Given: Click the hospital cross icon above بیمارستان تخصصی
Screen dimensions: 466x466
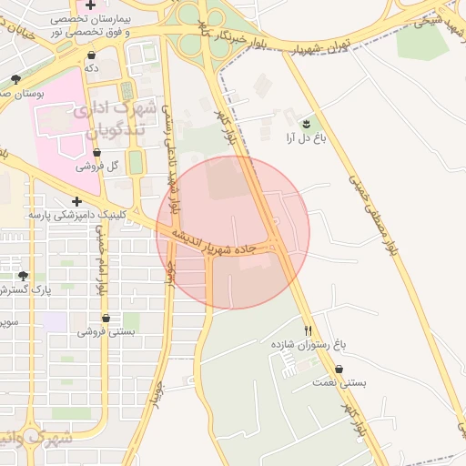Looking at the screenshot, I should (x=89, y=5).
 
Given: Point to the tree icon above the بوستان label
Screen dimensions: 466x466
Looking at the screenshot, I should (x=15, y=80).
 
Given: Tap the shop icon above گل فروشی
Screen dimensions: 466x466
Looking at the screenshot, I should (x=96, y=153).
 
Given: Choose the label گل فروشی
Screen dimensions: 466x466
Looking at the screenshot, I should (x=96, y=167).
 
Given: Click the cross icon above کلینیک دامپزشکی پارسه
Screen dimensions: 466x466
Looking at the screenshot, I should (x=76, y=201).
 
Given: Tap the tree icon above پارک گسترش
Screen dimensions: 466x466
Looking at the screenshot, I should (x=22, y=275).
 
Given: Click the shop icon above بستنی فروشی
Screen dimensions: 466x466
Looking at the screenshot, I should (x=106, y=319).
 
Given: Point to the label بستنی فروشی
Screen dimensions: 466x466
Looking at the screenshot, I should (x=106, y=332).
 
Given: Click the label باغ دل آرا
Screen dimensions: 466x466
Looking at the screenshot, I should (x=306, y=138).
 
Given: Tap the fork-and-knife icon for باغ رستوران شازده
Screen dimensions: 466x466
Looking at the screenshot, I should (x=309, y=331).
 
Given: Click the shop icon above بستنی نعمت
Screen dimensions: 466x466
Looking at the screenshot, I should (x=339, y=370).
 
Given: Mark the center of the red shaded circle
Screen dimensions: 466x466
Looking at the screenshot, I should (x=233, y=233).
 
